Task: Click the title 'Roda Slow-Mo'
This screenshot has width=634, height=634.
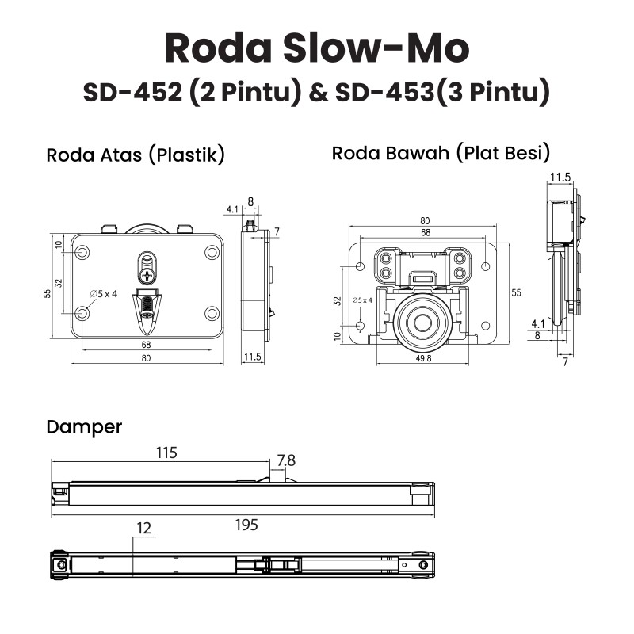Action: (x=317, y=48)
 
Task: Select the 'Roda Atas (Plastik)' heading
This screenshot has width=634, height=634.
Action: (x=136, y=155)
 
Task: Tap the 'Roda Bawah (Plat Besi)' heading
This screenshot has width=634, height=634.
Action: (x=441, y=153)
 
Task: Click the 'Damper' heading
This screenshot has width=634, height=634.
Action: (x=84, y=427)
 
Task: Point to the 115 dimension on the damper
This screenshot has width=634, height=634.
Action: (x=166, y=453)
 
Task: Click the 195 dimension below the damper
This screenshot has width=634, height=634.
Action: (x=246, y=525)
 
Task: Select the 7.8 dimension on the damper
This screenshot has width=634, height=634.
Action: (x=286, y=460)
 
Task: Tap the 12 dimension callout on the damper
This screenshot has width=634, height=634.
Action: (x=143, y=528)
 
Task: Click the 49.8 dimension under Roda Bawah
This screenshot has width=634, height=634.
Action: (x=423, y=358)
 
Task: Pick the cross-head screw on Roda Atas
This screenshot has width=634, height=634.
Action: (x=147, y=276)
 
